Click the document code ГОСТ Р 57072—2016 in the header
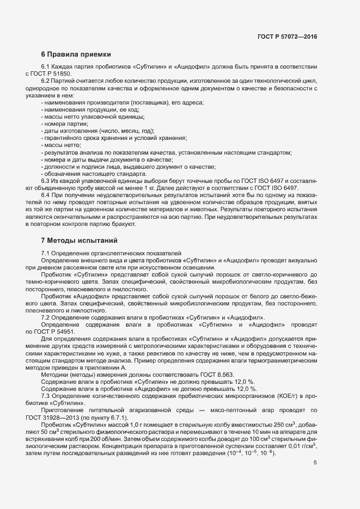[287, 36]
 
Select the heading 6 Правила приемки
[76, 54]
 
